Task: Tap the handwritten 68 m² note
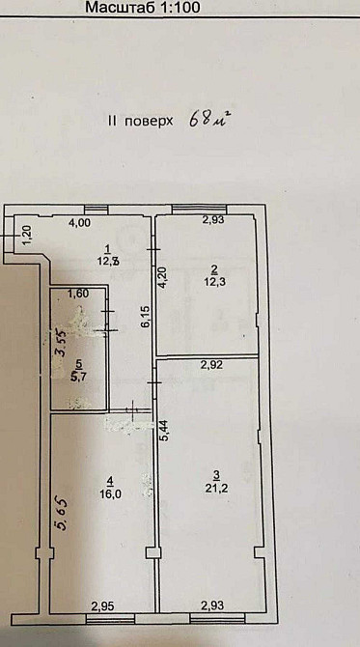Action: [211, 121]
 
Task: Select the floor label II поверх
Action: [141, 123]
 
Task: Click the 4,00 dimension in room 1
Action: [78, 223]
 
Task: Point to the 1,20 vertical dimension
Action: [28, 235]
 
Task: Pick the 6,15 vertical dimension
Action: [146, 317]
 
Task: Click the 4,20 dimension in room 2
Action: [163, 277]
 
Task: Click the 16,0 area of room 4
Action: [111, 492]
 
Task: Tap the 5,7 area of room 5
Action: [80, 377]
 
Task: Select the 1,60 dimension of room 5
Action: [78, 294]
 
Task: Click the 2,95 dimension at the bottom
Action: [103, 605]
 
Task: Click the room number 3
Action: [215, 473]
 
